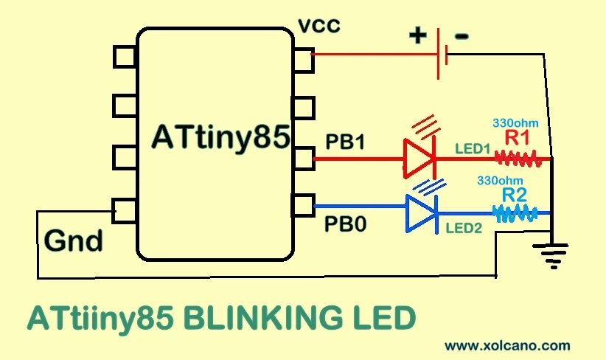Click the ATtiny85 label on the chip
(x=220, y=138)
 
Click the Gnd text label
(x=74, y=240)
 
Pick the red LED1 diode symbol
(x=419, y=158)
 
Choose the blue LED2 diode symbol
(x=421, y=212)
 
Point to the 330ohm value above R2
(x=501, y=180)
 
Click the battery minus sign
(x=461, y=35)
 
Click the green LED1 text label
(x=473, y=148)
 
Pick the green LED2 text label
(x=463, y=229)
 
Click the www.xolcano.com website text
(x=507, y=345)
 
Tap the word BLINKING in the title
(x=258, y=319)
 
